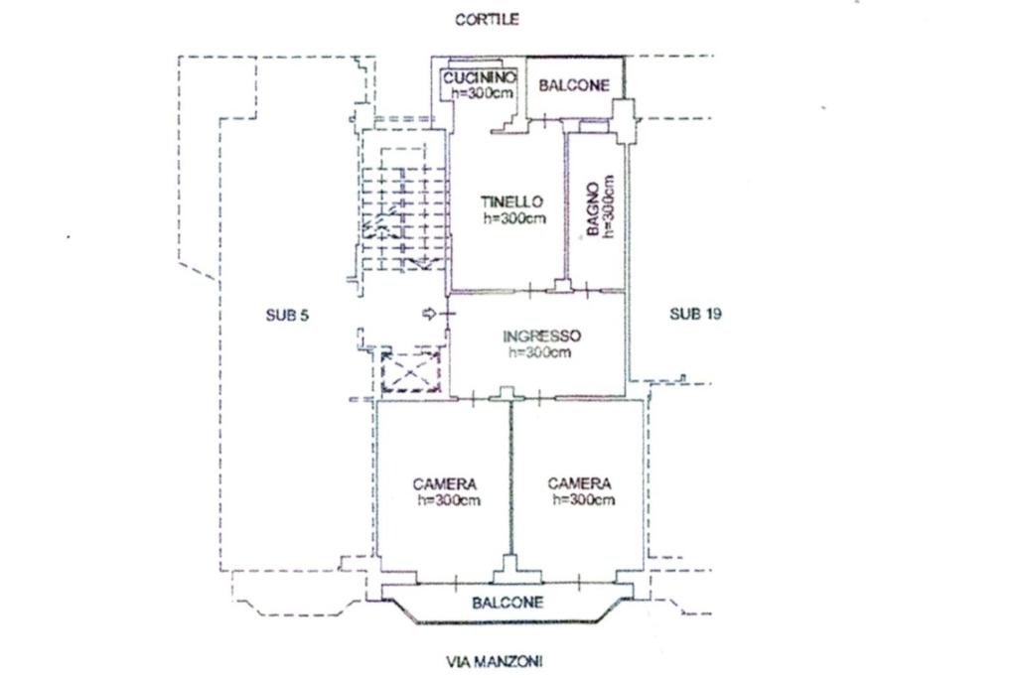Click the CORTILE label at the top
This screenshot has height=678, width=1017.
[x=487, y=19]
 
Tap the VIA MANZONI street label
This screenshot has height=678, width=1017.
[x=495, y=660]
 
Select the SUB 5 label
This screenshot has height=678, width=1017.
[x=288, y=315]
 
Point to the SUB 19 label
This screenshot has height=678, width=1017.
[x=695, y=314]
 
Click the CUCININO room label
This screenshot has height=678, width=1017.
[x=479, y=77]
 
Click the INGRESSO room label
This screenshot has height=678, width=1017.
[x=541, y=336]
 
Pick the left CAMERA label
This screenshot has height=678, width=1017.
[x=444, y=483]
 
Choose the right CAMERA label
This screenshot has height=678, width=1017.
[x=580, y=483]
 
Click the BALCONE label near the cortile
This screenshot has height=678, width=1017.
[x=574, y=85]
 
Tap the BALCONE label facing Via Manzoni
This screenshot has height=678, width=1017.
[x=508, y=603]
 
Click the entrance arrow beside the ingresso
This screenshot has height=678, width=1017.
[x=429, y=314]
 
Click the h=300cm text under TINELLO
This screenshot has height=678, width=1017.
[x=514, y=219]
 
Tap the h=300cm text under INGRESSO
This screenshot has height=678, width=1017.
[x=539, y=352]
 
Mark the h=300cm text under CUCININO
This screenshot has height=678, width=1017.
[x=481, y=93]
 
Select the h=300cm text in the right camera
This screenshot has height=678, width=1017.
[x=583, y=500]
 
